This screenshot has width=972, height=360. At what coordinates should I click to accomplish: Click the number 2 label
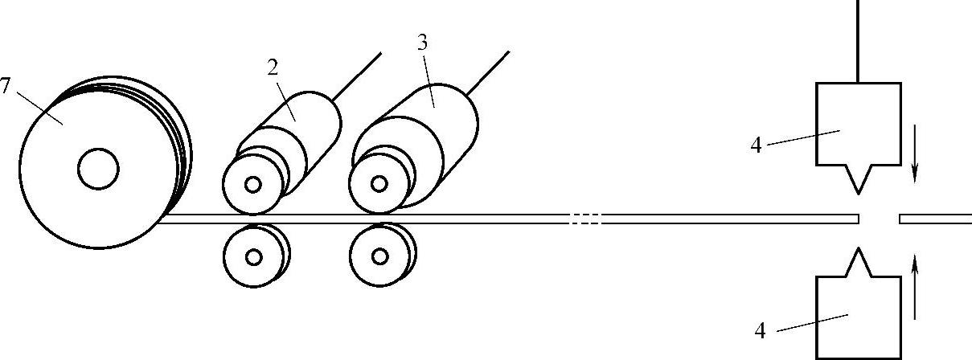click(273, 67)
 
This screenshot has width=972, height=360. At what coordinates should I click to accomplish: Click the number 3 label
click(422, 43)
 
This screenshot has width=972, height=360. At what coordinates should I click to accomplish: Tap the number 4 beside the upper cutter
click(756, 146)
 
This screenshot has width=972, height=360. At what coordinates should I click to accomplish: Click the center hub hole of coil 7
click(98, 169)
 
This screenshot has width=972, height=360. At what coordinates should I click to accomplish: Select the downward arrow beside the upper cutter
click(915, 164)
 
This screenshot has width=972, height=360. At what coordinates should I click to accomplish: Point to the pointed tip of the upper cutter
click(859, 192)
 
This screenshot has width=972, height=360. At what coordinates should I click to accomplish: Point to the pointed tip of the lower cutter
click(859, 250)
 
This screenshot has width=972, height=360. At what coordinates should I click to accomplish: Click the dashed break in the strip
click(584, 219)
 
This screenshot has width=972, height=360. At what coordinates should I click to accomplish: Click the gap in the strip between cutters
click(880, 219)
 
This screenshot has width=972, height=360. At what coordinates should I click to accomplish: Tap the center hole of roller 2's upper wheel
click(254, 185)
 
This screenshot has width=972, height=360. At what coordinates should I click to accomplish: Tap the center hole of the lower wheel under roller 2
click(254, 257)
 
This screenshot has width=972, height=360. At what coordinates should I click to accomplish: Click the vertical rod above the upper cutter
click(859, 40)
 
